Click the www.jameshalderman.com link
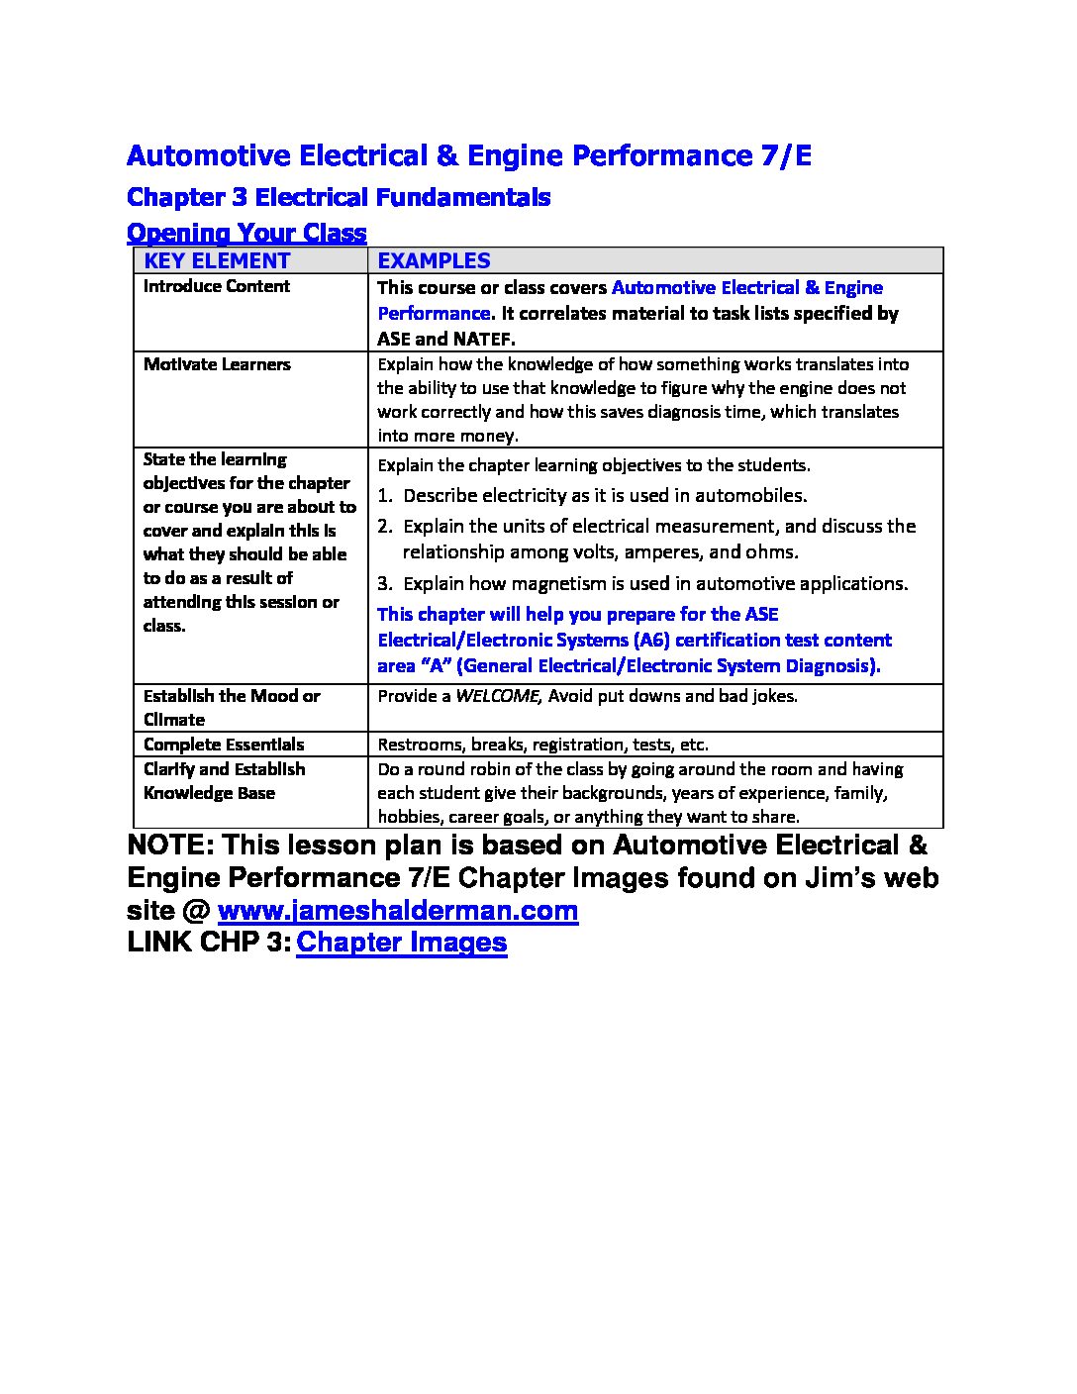(397, 911)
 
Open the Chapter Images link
(401, 943)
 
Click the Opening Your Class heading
(246, 234)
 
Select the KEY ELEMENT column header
(217, 261)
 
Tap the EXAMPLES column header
(434, 261)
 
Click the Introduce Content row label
(216, 286)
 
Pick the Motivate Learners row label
(217, 364)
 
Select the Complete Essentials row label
(224, 745)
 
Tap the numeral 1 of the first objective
(385, 496)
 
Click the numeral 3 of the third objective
(385, 584)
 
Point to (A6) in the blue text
(651, 641)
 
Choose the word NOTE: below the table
(169, 846)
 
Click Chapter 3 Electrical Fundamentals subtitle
(339, 197)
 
